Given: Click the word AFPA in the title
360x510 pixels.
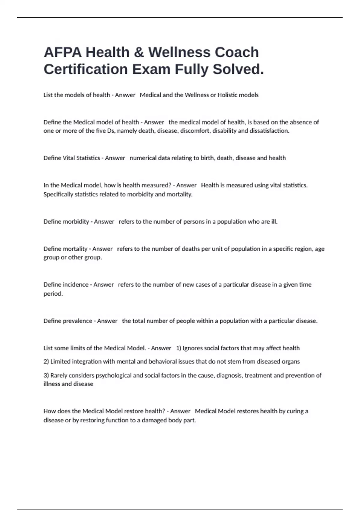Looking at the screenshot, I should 63,52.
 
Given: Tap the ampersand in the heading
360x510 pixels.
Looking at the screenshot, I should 139,52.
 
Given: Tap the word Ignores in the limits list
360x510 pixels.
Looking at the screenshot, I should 192,348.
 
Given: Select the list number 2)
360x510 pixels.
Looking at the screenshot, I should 46,362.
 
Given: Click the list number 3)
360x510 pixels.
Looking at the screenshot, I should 46,376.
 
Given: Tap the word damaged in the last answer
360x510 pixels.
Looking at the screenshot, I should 154,421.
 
